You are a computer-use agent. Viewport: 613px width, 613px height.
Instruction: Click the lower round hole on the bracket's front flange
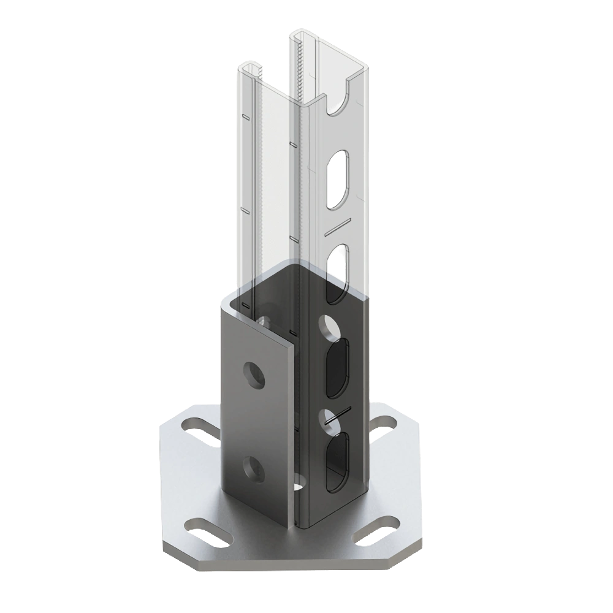pyautogui.click(x=252, y=467)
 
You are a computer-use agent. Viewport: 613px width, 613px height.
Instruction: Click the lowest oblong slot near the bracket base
pyautogui.click(x=337, y=461)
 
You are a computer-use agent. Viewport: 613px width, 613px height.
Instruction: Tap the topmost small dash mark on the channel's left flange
pyautogui.click(x=245, y=116)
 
